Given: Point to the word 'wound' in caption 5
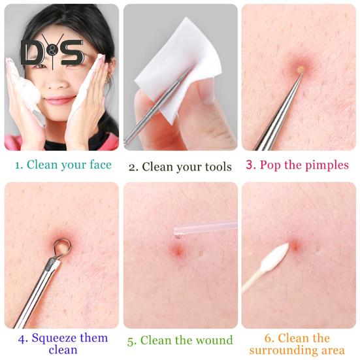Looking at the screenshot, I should click(x=214, y=340).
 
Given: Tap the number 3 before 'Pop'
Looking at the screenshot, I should click(x=250, y=165).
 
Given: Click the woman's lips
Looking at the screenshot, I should click(x=59, y=100).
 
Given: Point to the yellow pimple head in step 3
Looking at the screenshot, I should click(x=301, y=68).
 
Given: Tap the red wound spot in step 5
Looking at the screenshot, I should click(x=178, y=250).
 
